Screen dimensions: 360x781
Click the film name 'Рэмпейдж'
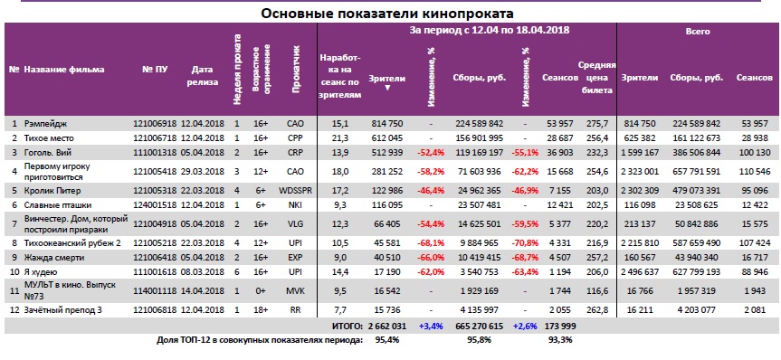click(45, 122)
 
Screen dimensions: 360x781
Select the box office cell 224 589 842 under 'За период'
click(478, 122)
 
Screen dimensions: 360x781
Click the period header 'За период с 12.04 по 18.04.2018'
click(490, 32)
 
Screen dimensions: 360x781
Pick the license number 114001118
click(155, 290)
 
